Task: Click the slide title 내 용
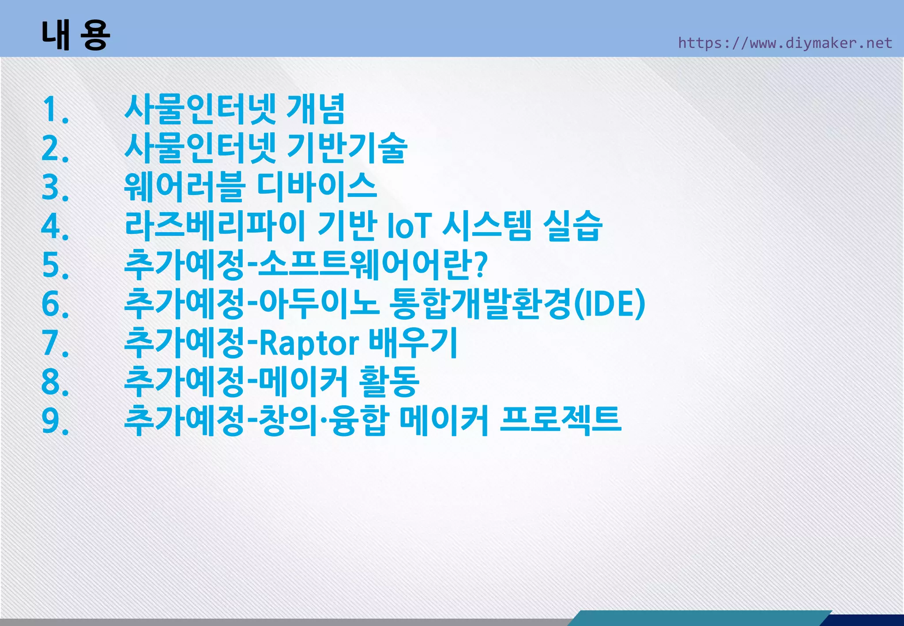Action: coord(75,35)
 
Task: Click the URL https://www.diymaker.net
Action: coord(785,43)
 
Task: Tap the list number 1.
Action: coord(55,110)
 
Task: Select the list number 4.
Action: coord(55,226)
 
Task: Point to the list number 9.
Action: coord(55,421)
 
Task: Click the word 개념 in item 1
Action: coord(315,109)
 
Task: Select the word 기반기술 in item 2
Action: coord(347,148)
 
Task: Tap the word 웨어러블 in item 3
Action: coord(185,187)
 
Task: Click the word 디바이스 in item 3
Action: coord(316,187)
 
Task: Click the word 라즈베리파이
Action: coord(215,226)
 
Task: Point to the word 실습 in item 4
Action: coord(572,226)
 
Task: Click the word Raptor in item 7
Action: coord(309,343)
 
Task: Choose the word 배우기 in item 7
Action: coord(413,343)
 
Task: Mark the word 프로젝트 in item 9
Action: coord(561,420)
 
